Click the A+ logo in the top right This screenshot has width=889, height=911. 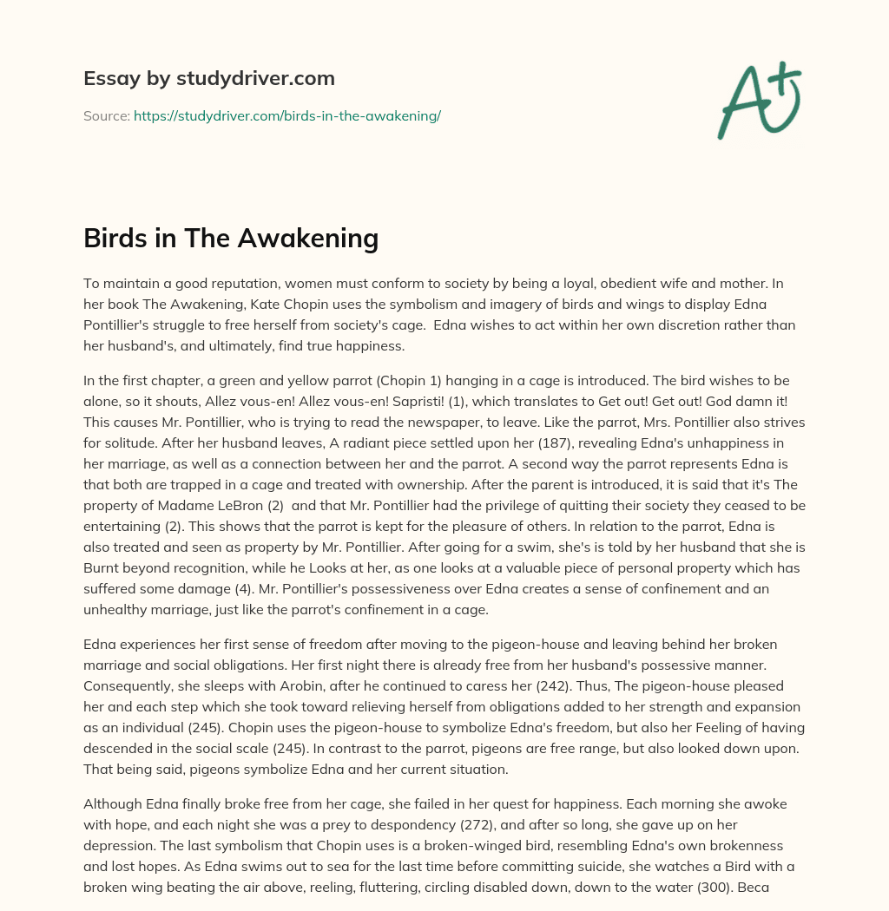[x=759, y=99]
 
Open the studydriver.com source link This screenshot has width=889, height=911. [x=287, y=115]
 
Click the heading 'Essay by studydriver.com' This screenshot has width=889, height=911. [x=209, y=78]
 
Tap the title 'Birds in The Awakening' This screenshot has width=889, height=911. [x=231, y=237]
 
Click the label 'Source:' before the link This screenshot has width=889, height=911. [x=106, y=115]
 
